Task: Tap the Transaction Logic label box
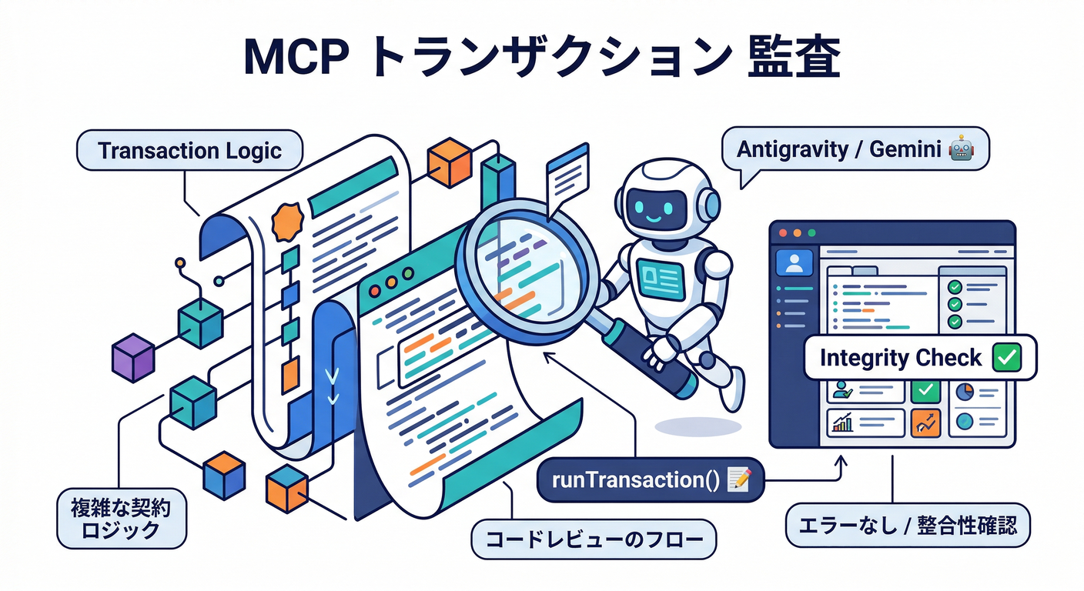pos(189,150)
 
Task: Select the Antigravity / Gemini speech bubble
pos(855,149)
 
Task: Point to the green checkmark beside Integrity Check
pos(1006,358)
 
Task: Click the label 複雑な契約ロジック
pos(122,518)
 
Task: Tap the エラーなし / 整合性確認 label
pos(908,526)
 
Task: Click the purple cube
pos(132,357)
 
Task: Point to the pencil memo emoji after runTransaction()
pos(738,480)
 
